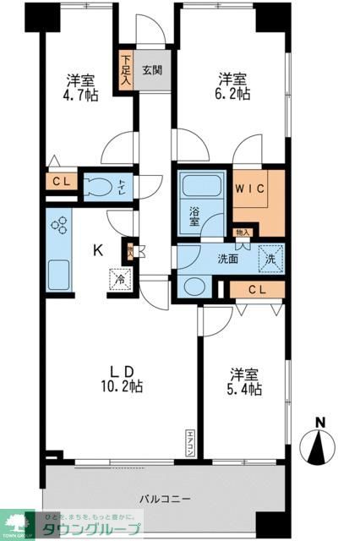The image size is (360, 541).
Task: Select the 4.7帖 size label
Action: [x=81, y=96]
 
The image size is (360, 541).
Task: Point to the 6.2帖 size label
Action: [x=233, y=96]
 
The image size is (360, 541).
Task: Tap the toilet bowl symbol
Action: [x=102, y=187]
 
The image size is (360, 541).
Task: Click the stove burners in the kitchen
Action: [x=60, y=227]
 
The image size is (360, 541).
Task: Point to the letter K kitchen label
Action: [x=98, y=250]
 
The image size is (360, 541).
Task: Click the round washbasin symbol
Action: [x=192, y=287]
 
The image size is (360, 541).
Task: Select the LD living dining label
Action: [x=122, y=369]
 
